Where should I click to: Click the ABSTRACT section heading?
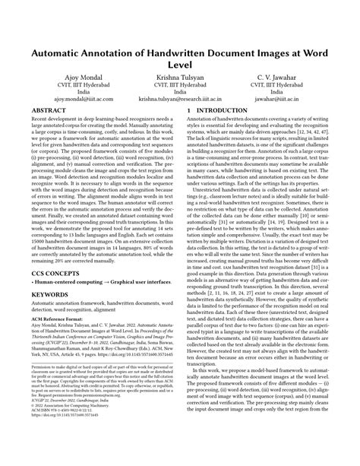pyautogui.click(x=51, y=112)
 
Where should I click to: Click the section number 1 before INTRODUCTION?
pyautogui.click(x=189, y=112)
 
